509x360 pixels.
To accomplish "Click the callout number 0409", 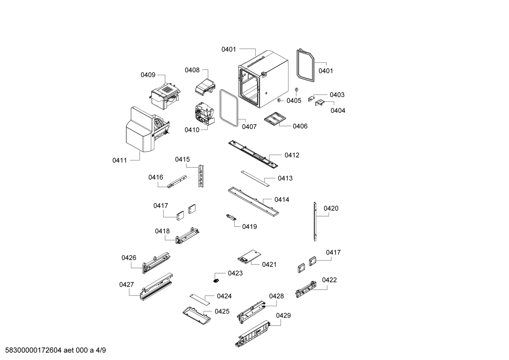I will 148,75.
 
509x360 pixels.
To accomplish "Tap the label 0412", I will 292,155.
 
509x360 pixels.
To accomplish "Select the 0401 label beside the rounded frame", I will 325,71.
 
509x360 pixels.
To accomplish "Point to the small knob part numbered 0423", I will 216,280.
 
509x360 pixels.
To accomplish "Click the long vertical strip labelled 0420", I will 315,221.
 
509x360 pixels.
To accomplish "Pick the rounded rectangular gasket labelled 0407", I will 228,108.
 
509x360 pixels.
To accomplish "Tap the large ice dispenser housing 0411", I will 140,131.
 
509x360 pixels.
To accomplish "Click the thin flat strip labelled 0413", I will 255,178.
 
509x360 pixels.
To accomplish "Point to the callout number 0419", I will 249,227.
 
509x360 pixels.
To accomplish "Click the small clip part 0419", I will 231,217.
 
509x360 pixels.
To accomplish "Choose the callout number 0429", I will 283,315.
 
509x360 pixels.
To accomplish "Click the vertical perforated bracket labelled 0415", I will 201,176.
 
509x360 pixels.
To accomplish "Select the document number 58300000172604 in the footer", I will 35,350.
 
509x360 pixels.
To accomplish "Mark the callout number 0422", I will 329,280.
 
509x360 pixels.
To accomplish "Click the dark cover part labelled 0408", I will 205,86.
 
